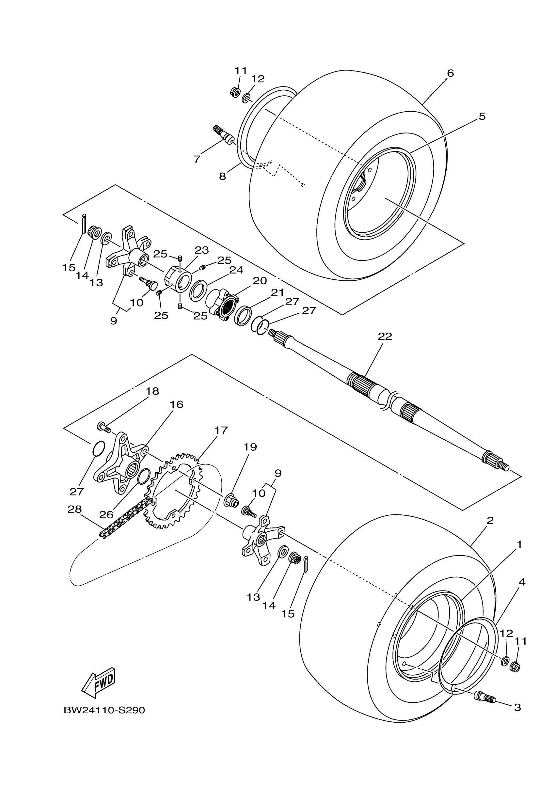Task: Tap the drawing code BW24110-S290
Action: [x=104, y=711]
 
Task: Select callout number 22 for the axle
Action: [x=385, y=337]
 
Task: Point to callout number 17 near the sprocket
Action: [x=221, y=430]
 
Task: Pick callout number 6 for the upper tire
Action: [x=450, y=73]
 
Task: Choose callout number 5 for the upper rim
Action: [x=482, y=117]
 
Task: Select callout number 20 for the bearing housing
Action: [x=260, y=281]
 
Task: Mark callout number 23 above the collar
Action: [x=201, y=250]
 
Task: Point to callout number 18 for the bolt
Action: [x=152, y=391]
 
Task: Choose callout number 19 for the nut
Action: [x=250, y=447]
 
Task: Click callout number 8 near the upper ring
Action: [x=223, y=176]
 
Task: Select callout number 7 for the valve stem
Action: [x=197, y=159]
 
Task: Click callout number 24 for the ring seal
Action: [x=236, y=270]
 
